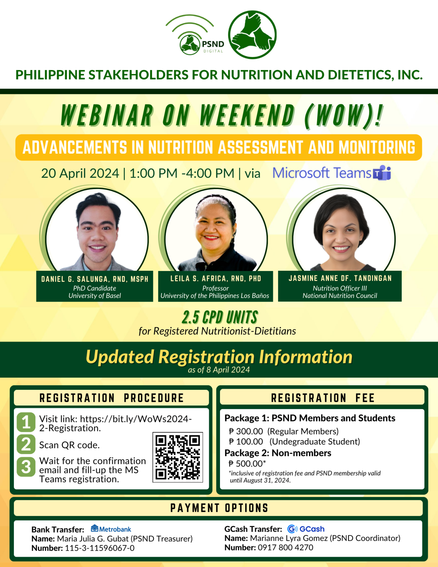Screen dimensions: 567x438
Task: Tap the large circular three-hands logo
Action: tap(253, 35)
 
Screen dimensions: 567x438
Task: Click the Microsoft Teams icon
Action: tap(382, 173)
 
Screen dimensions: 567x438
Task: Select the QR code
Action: tap(178, 457)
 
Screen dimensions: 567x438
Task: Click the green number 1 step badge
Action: tap(26, 422)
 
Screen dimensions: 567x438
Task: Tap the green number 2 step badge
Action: tap(26, 444)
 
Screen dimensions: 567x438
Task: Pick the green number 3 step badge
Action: tap(26, 467)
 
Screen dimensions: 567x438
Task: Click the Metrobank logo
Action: tap(111, 529)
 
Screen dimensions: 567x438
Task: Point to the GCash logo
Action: tap(306, 529)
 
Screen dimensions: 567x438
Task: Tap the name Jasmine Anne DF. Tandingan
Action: tap(340, 278)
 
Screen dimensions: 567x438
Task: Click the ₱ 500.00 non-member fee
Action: tap(247, 463)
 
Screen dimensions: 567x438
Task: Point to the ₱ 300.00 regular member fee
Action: tap(246, 431)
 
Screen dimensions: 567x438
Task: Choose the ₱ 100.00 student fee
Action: tap(246, 442)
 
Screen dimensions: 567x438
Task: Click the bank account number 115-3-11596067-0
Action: tap(100, 548)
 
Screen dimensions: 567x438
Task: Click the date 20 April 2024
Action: tap(80, 173)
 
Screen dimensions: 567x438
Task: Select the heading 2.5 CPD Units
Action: tap(220, 318)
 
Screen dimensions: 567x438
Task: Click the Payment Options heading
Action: tap(219, 508)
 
